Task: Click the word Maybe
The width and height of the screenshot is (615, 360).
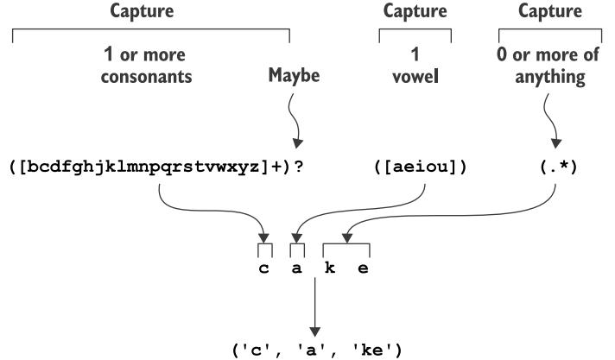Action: (x=295, y=76)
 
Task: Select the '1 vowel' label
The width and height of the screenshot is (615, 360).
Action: (x=415, y=65)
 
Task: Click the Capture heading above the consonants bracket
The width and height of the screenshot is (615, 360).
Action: (x=149, y=12)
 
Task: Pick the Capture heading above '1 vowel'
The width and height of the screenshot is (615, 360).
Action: (x=415, y=12)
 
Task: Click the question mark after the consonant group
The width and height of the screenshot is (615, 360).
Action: (x=298, y=166)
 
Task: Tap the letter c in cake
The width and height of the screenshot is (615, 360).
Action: (x=264, y=269)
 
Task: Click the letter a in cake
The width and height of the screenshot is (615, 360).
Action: (x=297, y=269)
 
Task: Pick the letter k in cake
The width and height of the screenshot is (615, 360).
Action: (x=330, y=269)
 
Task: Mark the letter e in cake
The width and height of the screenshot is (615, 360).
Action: (x=363, y=269)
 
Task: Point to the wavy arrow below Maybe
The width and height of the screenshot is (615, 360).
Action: (x=294, y=117)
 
